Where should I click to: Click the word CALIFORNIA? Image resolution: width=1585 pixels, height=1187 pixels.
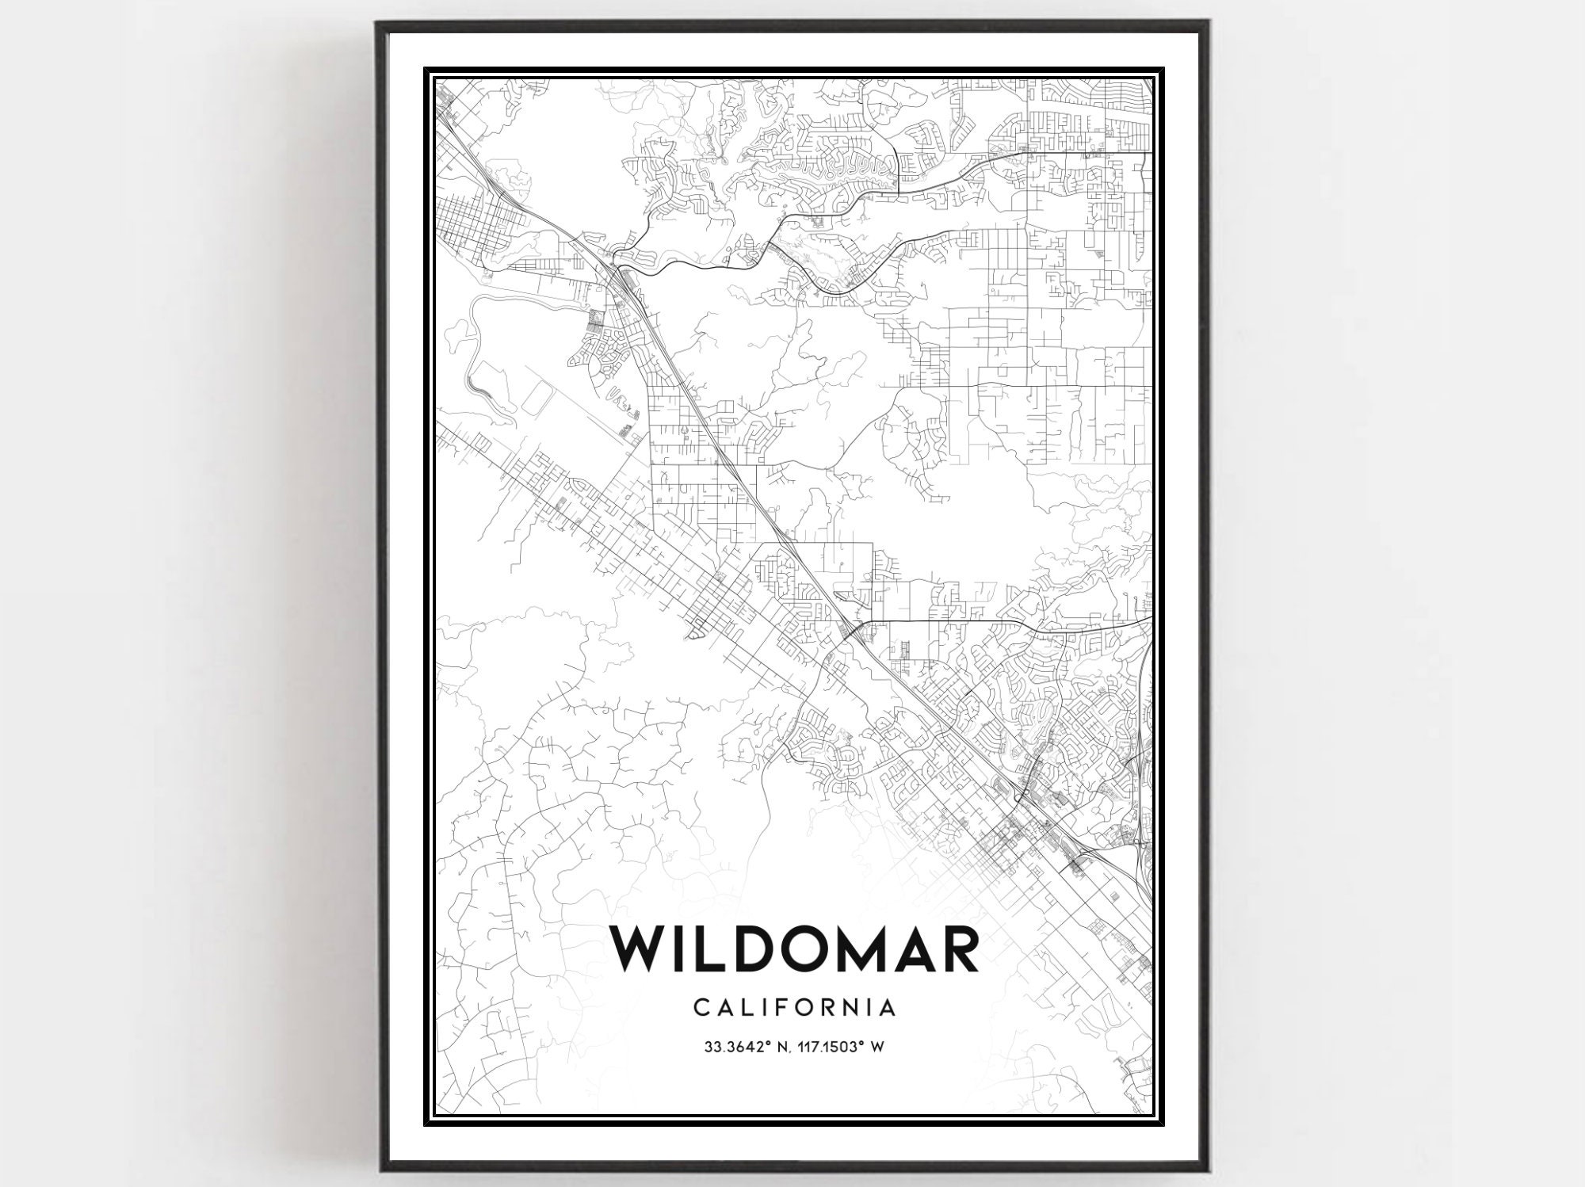click(x=795, y=1007)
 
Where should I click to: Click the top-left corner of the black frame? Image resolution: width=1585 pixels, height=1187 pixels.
click(x=378, y=22)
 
